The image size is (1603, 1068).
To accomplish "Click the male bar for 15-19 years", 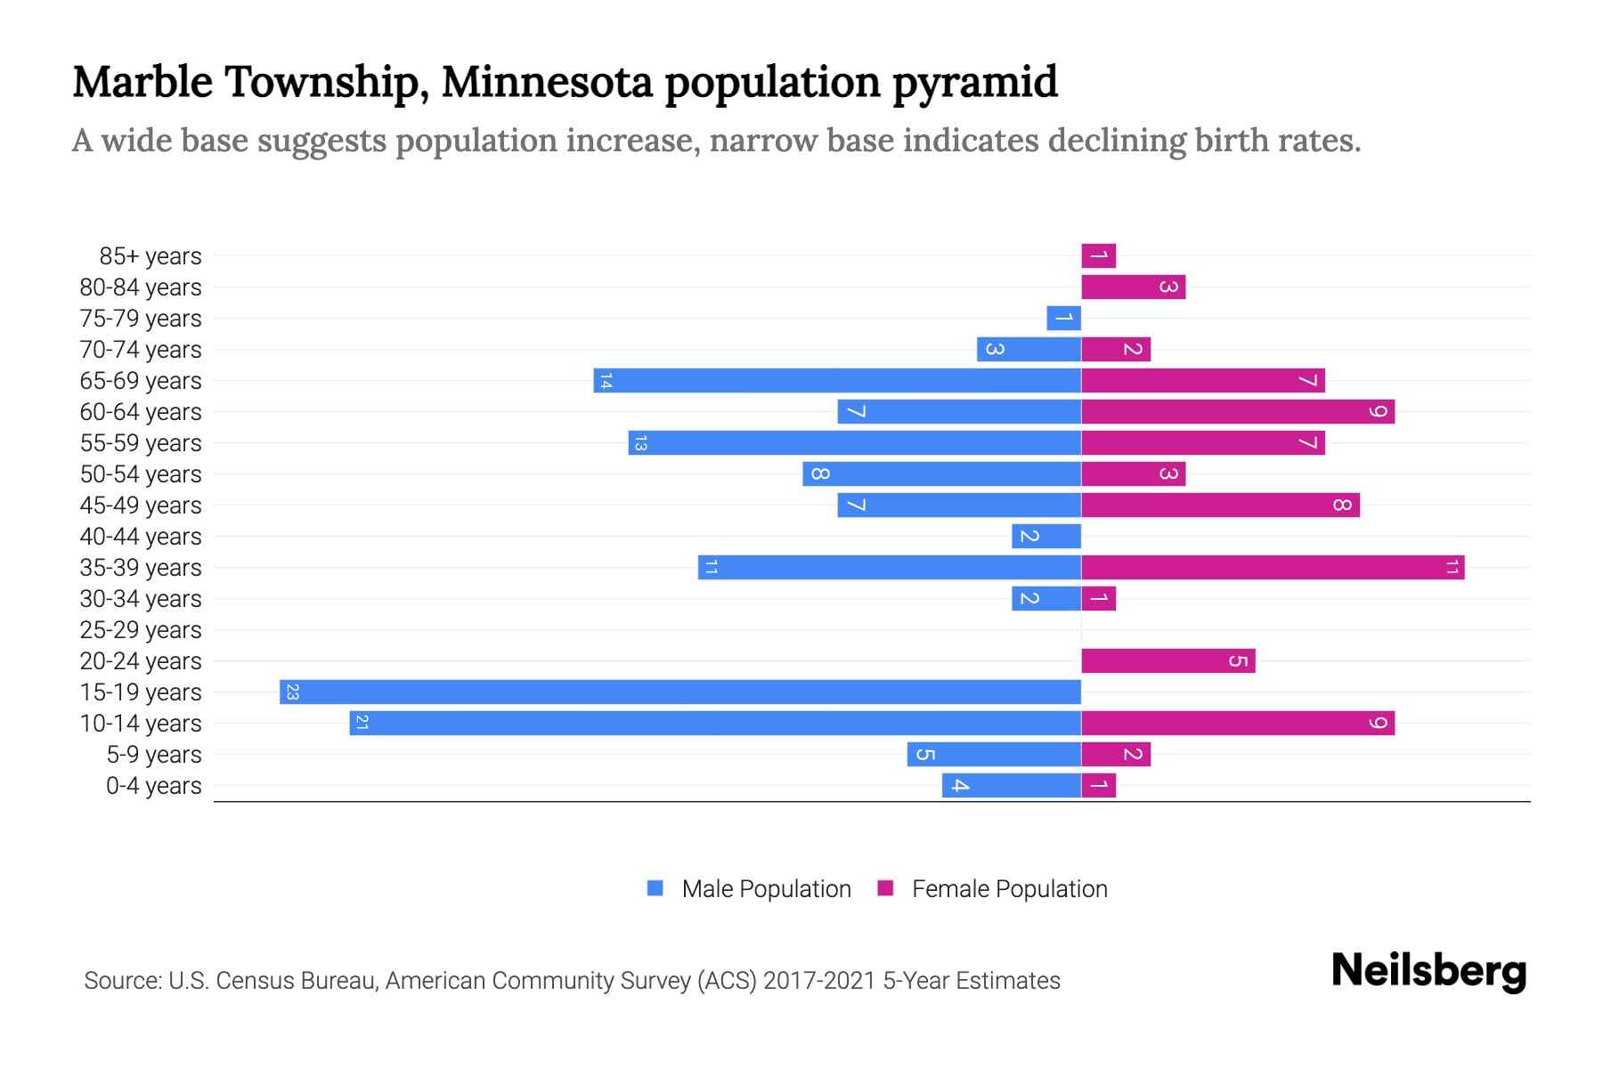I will [x=680, y=692].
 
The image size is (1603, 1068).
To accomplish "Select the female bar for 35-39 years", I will [x=1273, y=567].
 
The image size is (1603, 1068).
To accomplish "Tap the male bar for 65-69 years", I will [x=837, y=380].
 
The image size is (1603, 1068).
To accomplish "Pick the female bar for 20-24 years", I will [x=1168, y=660].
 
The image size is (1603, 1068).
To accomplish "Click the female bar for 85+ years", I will [x=1098, y=256].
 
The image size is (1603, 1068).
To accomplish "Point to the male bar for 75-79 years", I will [x=1063, y=318].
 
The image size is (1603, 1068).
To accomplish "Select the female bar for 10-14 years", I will [x=1238, y=723].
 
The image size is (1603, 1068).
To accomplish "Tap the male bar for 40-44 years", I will [x=1046, y=536].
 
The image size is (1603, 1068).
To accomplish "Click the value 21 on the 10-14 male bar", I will [x=362, y=723].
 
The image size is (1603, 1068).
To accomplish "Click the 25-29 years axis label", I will [x=141, y=630].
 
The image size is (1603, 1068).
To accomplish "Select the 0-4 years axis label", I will [x=153, y=786].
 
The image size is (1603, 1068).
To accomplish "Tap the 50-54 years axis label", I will [x=141, y=474].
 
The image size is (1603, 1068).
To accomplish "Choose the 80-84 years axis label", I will [x=141, y=287].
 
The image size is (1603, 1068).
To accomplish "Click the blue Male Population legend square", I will [x=655, y=888].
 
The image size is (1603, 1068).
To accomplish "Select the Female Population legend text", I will [x=1009, y=888].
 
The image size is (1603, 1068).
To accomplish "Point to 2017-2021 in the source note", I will [x=818, y=981].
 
